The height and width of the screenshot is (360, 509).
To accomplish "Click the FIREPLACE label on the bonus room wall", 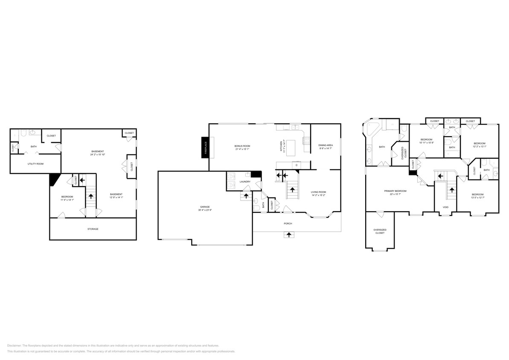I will (x=205, y=147).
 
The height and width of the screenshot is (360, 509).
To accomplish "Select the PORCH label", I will (x=288, y=223).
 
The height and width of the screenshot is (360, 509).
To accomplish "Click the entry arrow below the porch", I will (x=290, y=234).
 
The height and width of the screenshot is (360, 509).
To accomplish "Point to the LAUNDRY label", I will (x=245, y=182).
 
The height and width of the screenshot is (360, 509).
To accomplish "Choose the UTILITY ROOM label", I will (x=35, y=163).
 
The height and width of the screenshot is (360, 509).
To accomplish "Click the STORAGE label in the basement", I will (x=93, y=229).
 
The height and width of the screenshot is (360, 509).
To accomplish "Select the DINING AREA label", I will (x=326, y=145).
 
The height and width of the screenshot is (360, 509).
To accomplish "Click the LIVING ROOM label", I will (x=319, y=192).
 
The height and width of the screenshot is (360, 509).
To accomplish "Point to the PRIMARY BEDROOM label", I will (x=392, y=191).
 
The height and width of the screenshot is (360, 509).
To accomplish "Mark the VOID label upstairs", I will (x=445, y=207).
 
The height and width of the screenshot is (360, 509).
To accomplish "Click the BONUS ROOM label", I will (x=242, y=146).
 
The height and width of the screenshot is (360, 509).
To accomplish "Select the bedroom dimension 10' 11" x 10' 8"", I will (x=427, y=143).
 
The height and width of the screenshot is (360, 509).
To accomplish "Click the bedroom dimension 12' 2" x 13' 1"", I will (x=480, y=146).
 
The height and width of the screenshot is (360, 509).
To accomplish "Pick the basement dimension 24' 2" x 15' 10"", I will (x=98, y=155).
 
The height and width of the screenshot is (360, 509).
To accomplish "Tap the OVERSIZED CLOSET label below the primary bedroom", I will (x=379, y=231).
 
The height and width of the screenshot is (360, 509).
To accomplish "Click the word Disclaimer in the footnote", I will (x=14, y=345).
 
